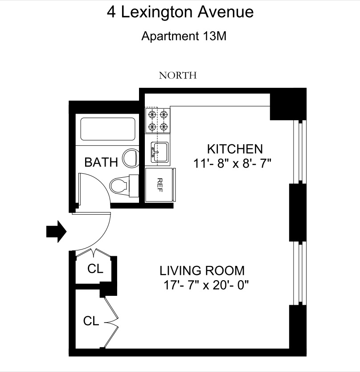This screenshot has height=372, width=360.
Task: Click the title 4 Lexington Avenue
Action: click(x=180, y=12)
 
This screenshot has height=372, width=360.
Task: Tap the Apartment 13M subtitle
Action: click(x=184, y=36)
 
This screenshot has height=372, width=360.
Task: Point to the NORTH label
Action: click(x=178, y=75)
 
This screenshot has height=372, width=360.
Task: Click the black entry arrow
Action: click(x=56, y=232)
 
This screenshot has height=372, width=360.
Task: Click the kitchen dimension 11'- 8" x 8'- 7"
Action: click(x=233, y=163)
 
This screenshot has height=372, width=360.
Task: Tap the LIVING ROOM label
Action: click(x=202, y=270)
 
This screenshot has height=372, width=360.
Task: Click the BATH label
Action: click(x=101, y=162)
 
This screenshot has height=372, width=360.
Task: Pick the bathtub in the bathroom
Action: click(x=107, y=129)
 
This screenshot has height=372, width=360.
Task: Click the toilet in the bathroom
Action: click(x=123, y=184)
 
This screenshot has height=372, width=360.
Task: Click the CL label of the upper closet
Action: click(x=95, y=269)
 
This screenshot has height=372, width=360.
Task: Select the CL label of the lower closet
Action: click(x=90, y=321)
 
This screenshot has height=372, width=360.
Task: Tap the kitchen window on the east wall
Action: click(x=299, y=151)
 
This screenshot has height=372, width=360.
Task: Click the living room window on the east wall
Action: click(x=299, y=274)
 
